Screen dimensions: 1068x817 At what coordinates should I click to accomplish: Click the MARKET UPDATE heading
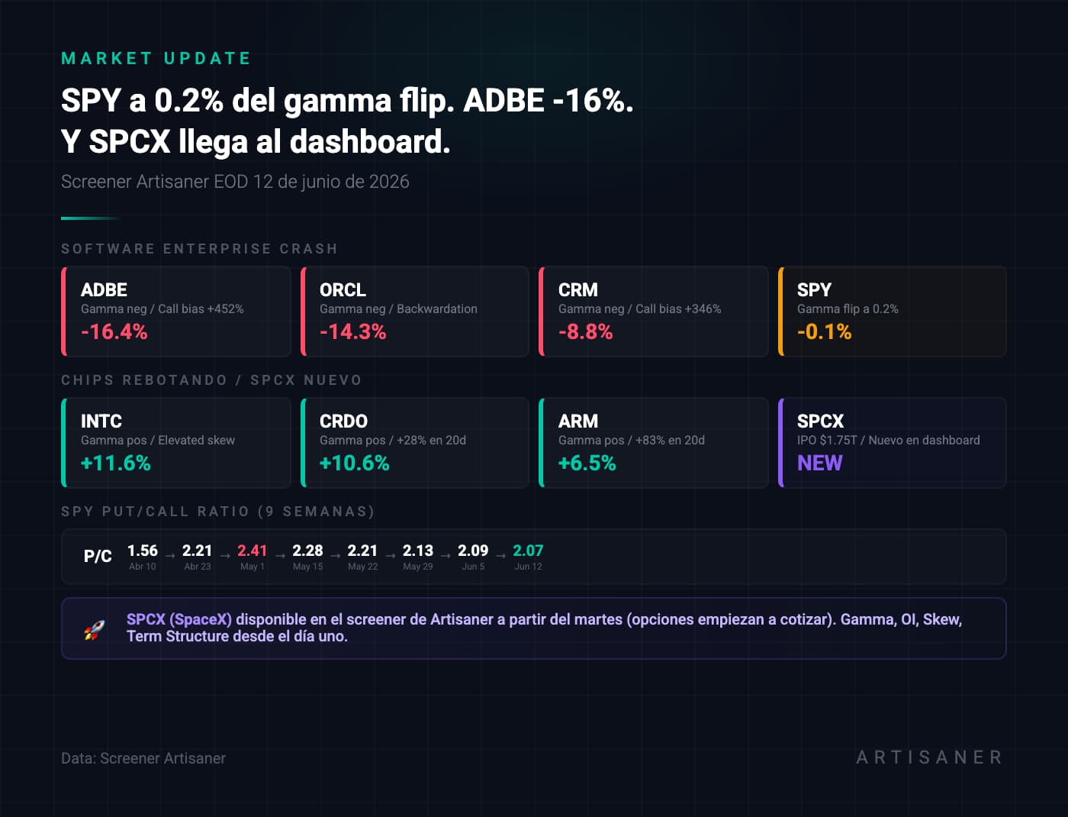coord(156,59)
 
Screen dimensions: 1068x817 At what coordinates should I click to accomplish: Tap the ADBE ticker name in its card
coord(104,289)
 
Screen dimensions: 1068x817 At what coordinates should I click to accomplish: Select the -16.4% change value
coord(114,331)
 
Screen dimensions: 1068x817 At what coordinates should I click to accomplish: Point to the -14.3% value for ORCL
coord(352,331)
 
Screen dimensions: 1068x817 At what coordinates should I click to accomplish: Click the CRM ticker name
coord(577,289)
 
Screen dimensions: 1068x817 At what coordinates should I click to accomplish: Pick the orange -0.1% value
coord(824,331)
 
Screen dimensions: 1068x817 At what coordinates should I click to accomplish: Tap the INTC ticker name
coord(101,421)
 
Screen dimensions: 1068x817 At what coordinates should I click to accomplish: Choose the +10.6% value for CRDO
coord(354,463)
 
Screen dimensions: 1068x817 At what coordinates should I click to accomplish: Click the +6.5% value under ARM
coord(587,463)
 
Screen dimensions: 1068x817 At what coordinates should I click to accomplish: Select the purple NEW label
coord(819,463)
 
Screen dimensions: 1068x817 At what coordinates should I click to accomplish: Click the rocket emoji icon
coord(95,629)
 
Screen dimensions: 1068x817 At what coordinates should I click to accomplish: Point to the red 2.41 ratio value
coord(252,551)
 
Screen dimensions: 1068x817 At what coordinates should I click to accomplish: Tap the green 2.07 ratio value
coord(528,551)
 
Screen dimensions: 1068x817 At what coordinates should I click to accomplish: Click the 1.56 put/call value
coord(142,551)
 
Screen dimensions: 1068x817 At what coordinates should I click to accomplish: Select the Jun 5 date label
coord(473,567)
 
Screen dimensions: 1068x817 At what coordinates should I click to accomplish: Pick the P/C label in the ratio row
coord(98,556)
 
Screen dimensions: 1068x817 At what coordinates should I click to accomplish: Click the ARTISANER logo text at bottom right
coord(929,757)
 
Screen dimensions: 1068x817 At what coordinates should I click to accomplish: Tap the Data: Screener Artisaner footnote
coord(143,758)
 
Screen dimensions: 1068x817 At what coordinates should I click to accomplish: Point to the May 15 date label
coord(307,567)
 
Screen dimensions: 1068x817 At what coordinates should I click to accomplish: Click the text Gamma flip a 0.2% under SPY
coord(848,308)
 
